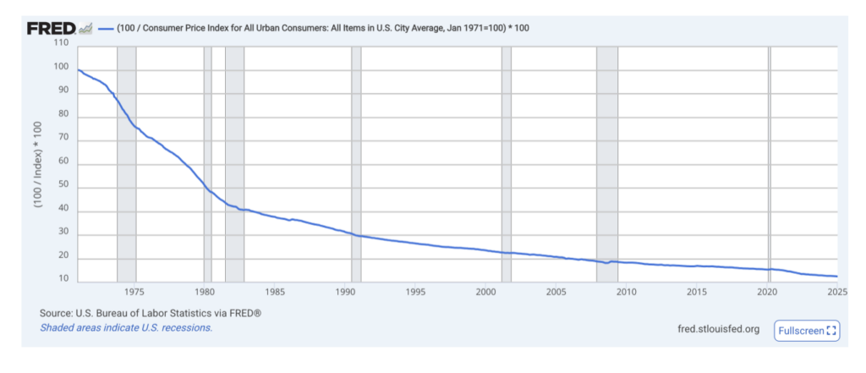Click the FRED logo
52,29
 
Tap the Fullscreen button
806,330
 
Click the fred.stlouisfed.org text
719,329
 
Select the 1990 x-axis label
345,293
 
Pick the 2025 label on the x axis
836,293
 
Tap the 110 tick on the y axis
60,42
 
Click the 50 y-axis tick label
63,187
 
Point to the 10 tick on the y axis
63,279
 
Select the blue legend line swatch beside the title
105,29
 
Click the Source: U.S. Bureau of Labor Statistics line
151,313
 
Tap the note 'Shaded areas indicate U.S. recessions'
126,327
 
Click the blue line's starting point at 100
78,69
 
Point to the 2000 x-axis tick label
485,293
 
